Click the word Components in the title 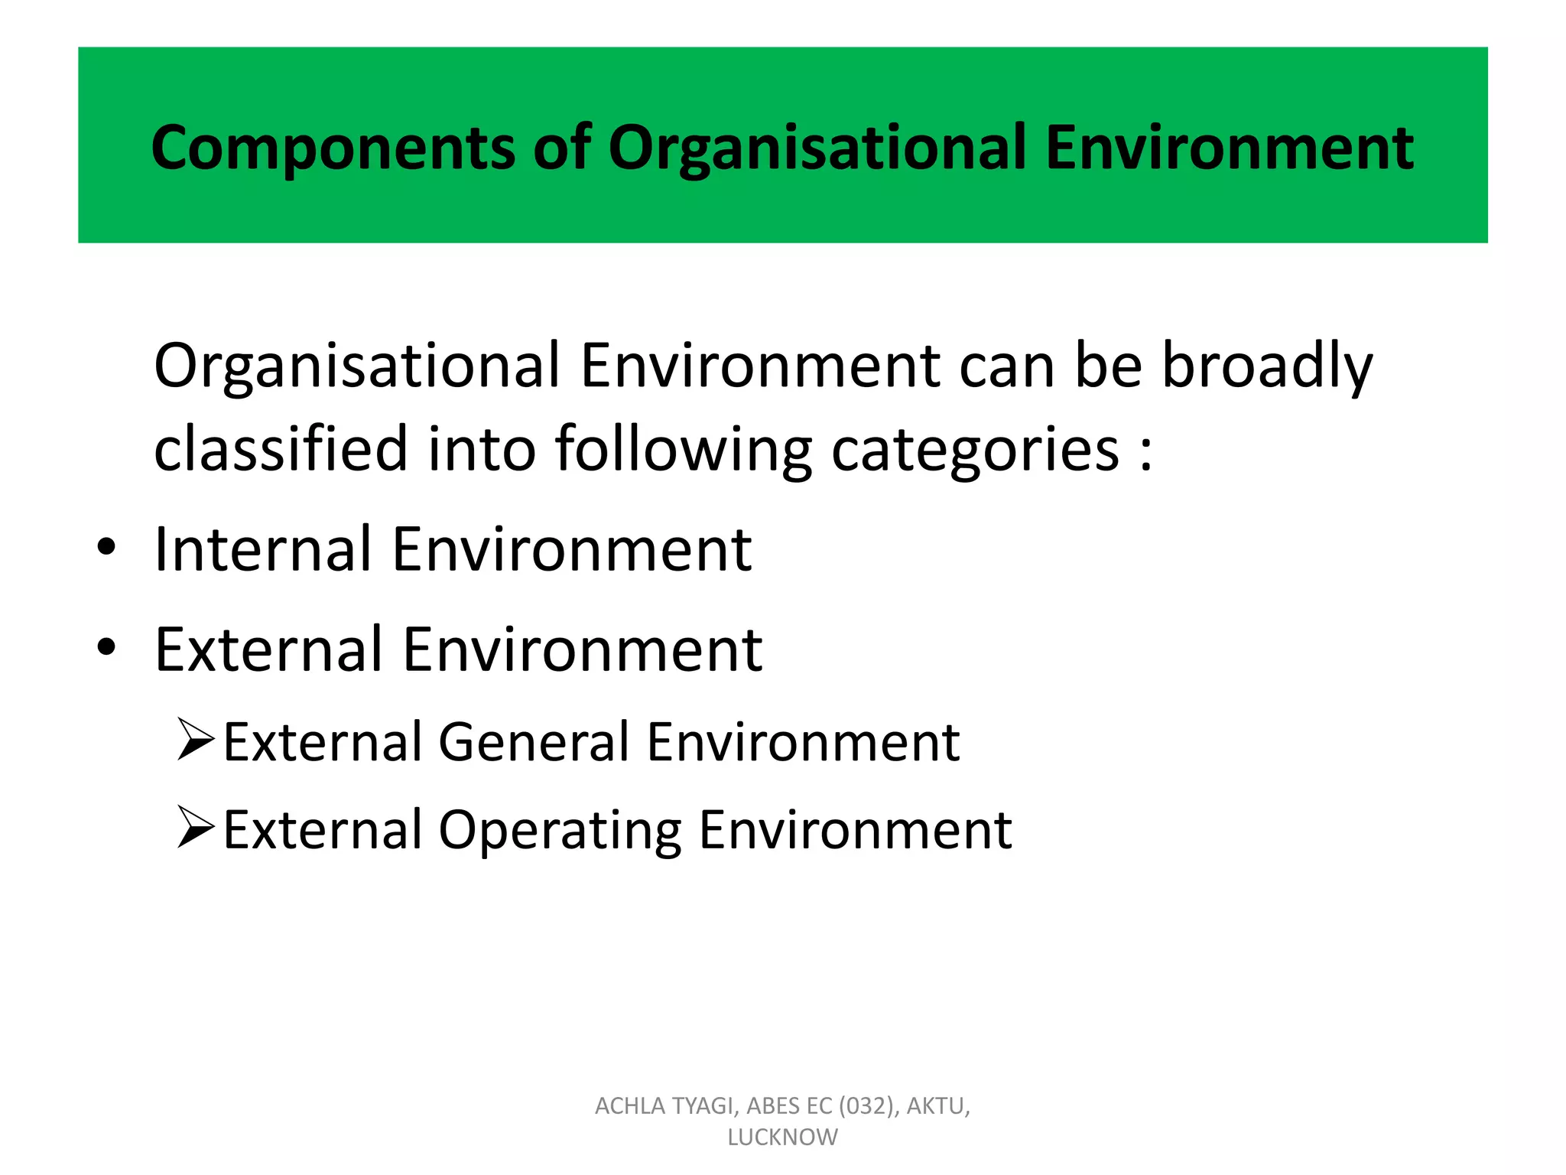(333, 148)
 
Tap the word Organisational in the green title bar (816, 148)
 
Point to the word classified (281, 449)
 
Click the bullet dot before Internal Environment (106, 548)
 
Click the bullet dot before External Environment (106, 648)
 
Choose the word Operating (559, 831)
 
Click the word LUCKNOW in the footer (782, 1138)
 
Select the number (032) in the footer (868, 1106)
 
